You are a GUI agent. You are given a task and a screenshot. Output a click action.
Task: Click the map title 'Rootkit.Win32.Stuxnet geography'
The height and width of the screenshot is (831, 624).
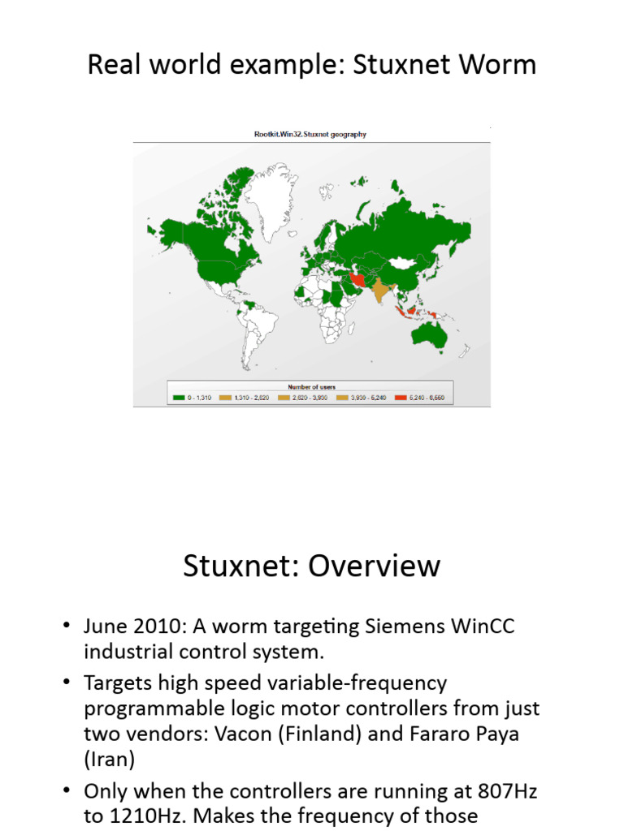click(x=310, y=135)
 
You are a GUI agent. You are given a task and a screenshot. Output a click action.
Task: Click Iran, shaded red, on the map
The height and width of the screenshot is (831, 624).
click(x=358, y=279)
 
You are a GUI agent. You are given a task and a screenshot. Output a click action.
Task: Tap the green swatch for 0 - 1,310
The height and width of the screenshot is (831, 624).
click(x=178, y=398)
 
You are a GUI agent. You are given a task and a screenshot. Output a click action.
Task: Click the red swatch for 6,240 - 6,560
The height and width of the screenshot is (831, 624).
click(x=400, y=398)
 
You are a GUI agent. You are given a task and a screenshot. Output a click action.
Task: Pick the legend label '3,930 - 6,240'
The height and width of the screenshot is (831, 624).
click(x=366, y=398)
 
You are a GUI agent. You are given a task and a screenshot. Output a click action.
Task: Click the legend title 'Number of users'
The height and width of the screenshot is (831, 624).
click(x=311, y=387)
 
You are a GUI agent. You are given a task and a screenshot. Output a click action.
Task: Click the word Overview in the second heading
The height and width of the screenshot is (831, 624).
click(x=374, y=566)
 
